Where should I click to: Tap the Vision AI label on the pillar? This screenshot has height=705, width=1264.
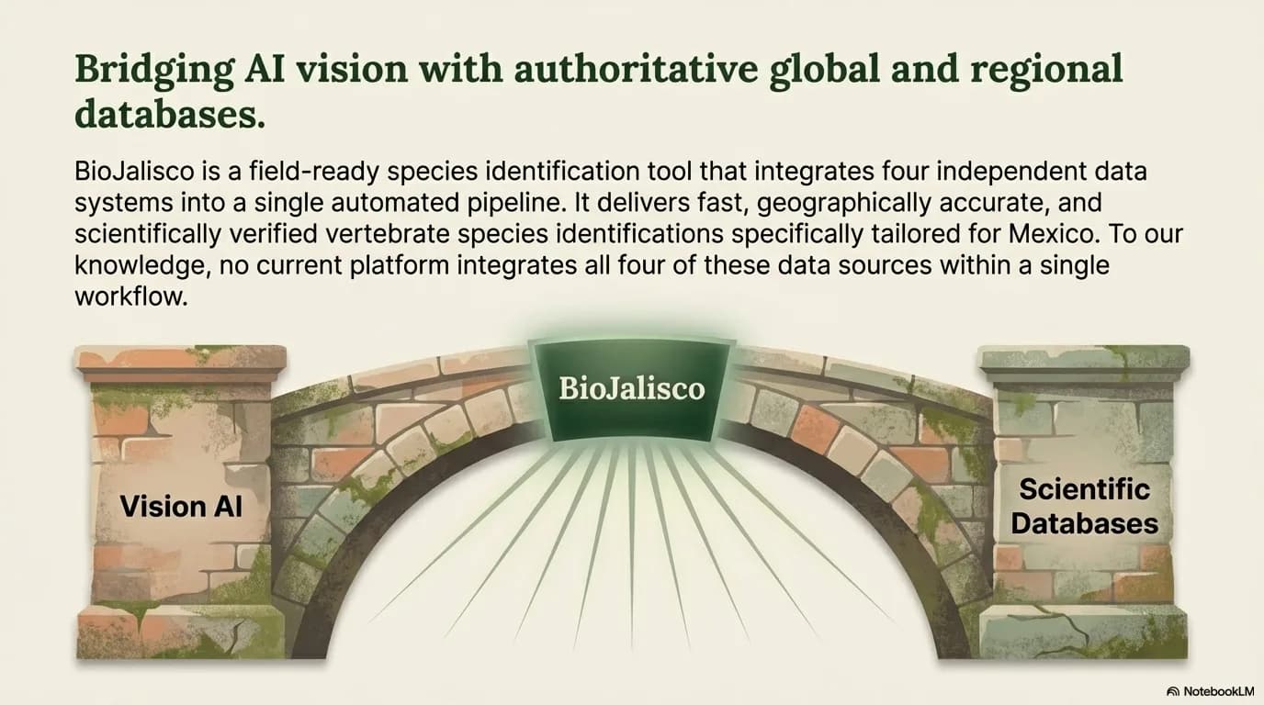point(181,505)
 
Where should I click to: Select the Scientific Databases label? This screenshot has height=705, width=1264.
point(1084,506)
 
